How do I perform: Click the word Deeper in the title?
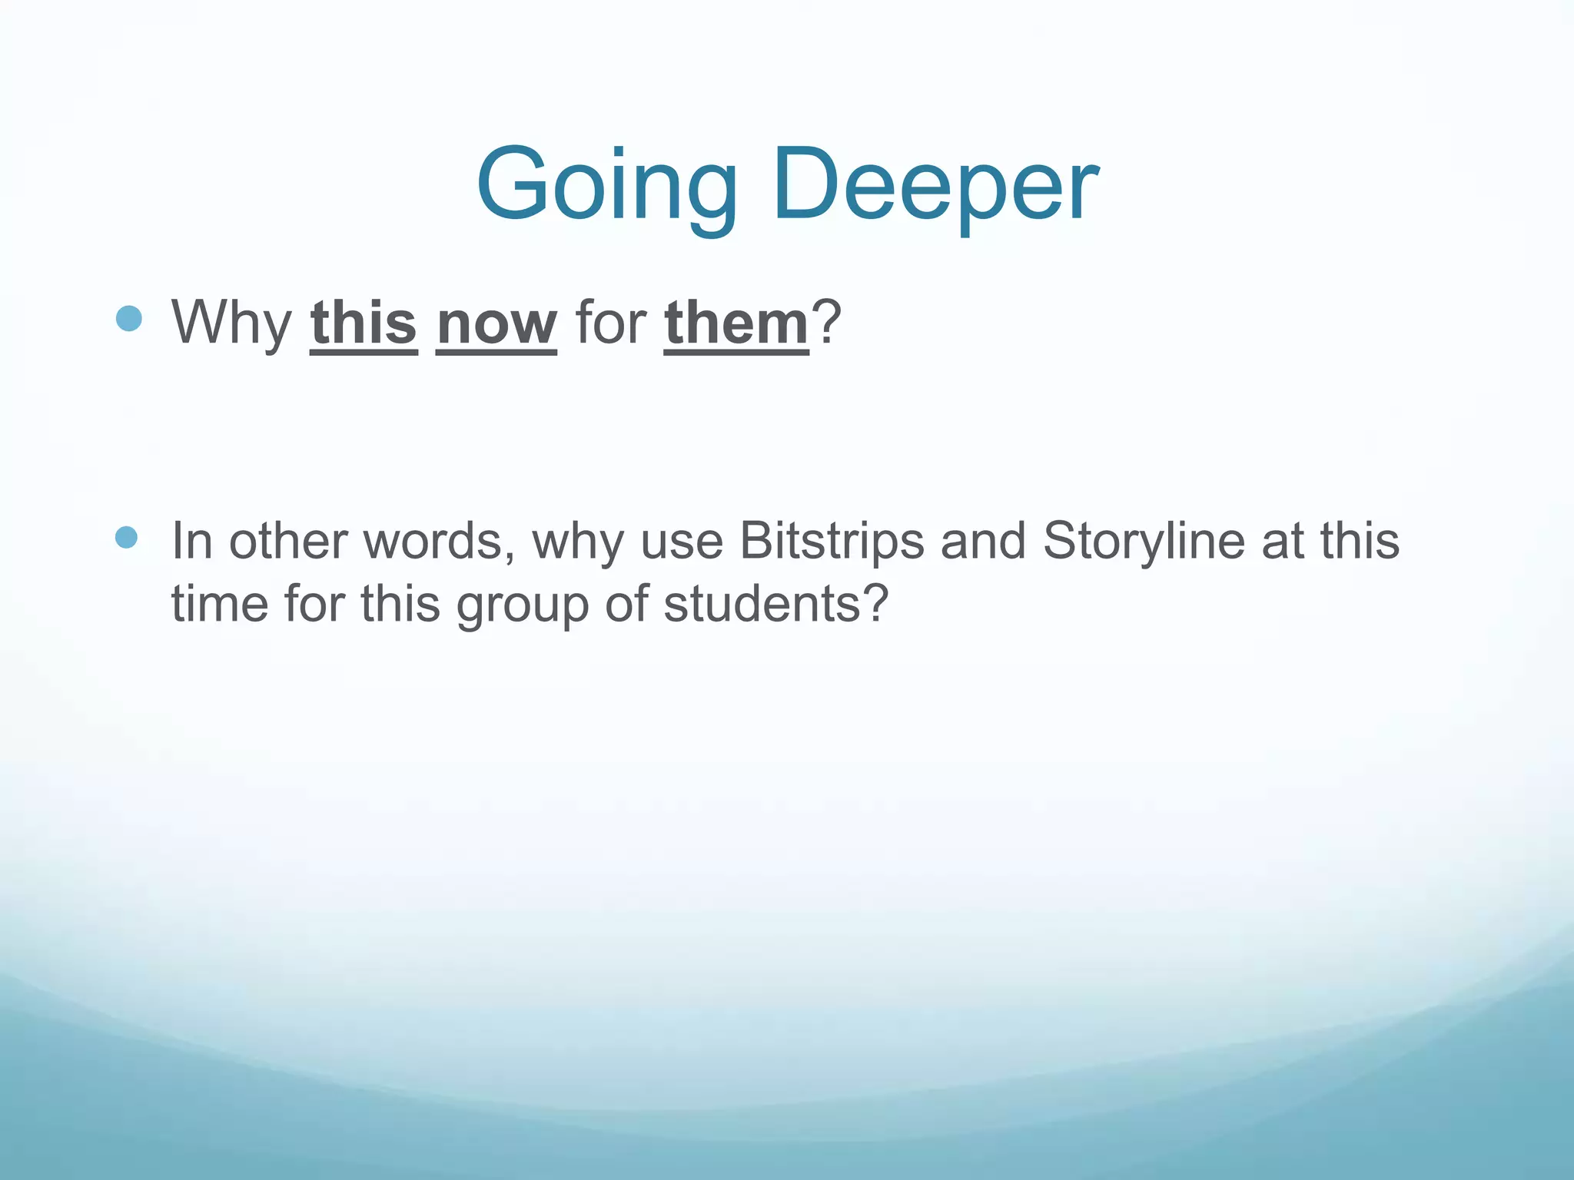[936, 187]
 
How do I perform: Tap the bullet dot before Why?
[129, 318]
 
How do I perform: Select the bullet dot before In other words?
[126, 538]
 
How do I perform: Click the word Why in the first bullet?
[231, 323]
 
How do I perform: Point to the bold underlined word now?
[496, 323]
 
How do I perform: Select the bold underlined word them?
[736, 323]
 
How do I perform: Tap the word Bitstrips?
[832, 541]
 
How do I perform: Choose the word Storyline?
[1144, 541]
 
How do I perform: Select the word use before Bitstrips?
[682, 542]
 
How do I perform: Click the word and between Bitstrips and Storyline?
[983, 541]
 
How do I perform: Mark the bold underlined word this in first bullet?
[364, 323]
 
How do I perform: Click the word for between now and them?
[610, 323]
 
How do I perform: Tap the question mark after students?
[875, 603]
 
